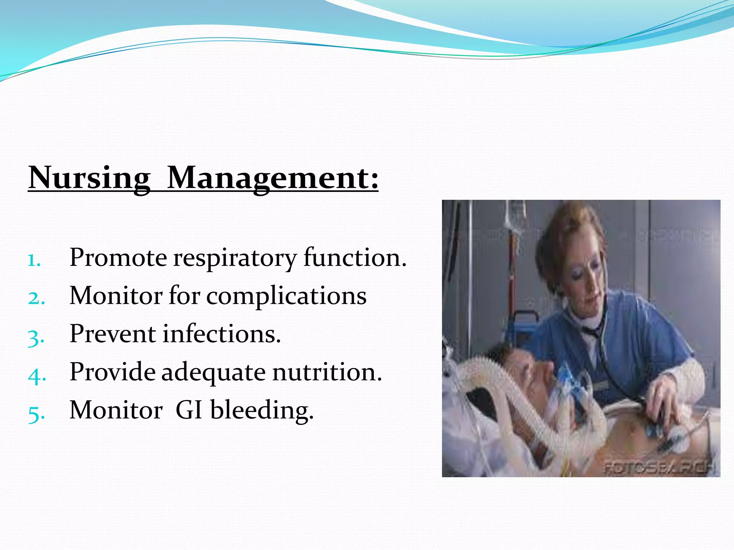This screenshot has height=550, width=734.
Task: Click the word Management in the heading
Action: pos(272,178)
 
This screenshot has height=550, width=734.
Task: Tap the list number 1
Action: pos(34,260)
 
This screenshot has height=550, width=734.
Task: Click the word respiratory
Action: pos(235,258)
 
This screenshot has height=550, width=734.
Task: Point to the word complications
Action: pos(286,296)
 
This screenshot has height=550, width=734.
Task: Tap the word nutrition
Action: pos(327,372)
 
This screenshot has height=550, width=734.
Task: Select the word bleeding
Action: pos(262,410)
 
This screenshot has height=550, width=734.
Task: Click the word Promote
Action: pos(118,258)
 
